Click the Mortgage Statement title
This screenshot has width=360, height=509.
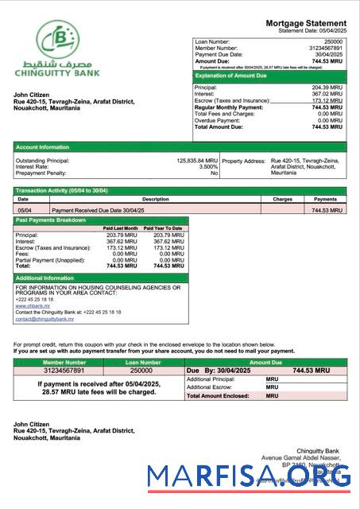click(x=306, y=23)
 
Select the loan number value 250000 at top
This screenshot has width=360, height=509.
click(x=334, y=41)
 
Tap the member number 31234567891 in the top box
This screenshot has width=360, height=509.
click(x=324, y=48)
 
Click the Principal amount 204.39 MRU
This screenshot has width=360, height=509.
click(x=327, y=87)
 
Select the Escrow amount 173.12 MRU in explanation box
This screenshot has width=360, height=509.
click(x=327, y=100)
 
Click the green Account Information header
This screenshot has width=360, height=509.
click(x=43, y=147)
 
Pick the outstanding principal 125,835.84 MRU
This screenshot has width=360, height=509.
click(x=197, y=160)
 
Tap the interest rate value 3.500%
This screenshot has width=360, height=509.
click(x=207, y=166)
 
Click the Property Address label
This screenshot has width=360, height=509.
click(x=244, y=160)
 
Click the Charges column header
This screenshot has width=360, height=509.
click(x=282, y=199)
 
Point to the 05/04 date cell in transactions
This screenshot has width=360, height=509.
click(x=24, y=210)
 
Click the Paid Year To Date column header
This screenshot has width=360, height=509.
click(x=164, y=228)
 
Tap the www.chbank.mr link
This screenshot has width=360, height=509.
click(x=29, y=305)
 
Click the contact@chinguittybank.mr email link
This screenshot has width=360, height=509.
click(x=45, y=319)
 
